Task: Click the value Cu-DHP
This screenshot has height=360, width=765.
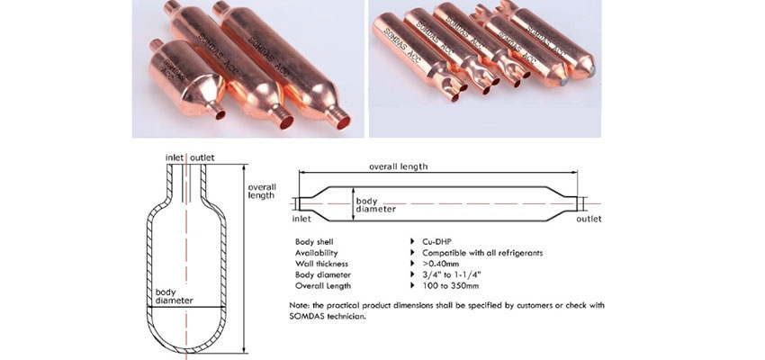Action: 436,242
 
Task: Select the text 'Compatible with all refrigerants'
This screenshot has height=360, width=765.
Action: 482,253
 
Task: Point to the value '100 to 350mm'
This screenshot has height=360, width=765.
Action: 450,286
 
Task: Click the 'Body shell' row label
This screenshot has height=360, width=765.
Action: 314,242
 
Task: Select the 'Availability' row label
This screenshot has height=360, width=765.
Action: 316,253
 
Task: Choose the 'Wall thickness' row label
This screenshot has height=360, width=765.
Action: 321,264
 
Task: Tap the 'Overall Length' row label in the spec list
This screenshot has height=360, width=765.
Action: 323,286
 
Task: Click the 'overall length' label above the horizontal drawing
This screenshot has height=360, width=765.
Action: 398,166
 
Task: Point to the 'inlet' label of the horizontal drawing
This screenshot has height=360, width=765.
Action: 301,219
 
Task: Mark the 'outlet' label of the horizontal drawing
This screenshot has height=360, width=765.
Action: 589,219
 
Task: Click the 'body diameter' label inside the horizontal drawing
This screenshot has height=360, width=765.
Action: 375,205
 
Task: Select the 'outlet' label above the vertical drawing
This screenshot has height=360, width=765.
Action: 202,157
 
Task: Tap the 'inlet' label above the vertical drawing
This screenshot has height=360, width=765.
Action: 175,157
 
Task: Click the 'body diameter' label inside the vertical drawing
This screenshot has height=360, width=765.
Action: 175,297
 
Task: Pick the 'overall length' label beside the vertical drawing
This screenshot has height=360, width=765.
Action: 262,191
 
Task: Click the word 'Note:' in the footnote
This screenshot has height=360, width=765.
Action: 299,305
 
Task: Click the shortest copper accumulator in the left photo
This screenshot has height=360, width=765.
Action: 186,80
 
